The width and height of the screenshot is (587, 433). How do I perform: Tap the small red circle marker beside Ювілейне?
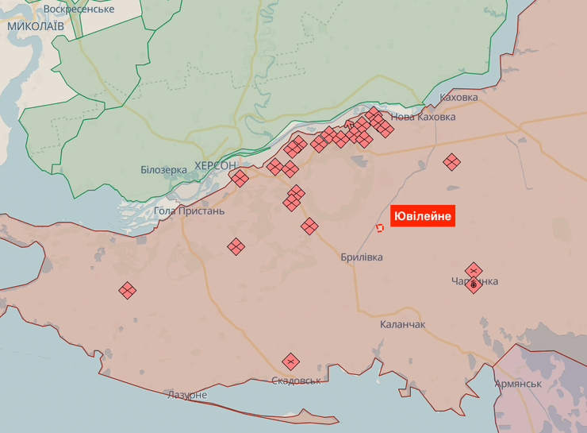click(380, 228)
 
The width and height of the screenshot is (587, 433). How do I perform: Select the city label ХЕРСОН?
click(215, 165)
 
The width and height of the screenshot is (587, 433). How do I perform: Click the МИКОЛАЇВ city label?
click(36, 26)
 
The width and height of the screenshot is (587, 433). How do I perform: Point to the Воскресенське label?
click(79, 9)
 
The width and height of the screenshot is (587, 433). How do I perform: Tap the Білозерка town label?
click(163, 169)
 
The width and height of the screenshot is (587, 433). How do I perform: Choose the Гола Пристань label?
click(189, 211)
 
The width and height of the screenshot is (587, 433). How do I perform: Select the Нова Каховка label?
click(424, 117)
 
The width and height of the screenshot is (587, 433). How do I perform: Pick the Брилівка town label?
click(361, 257)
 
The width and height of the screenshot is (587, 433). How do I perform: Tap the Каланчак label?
click(402, 324)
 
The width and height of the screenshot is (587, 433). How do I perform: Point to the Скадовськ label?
click(296, 381)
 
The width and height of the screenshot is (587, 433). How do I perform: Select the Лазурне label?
click(187, 395)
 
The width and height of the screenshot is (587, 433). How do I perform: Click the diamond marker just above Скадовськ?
click(291, 361)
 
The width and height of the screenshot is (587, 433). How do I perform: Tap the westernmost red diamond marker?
click(127, 291)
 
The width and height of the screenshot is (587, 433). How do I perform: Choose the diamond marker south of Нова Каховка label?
click(451, 162)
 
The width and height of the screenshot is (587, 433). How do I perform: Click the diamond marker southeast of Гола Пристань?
click(236, 247)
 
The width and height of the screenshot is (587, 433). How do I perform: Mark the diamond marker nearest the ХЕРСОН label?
click(240, 178)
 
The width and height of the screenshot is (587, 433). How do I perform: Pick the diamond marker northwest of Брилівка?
click(309, 226)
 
